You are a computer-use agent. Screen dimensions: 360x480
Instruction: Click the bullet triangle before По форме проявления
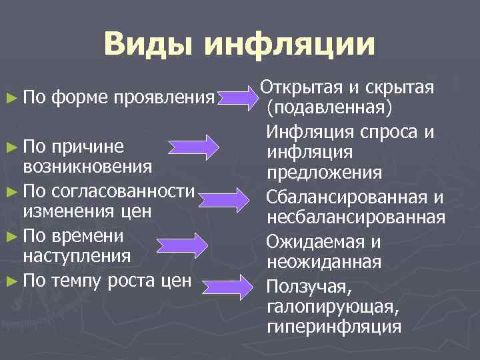coord(15,98)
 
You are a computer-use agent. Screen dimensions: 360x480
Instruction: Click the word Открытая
coord(299,87)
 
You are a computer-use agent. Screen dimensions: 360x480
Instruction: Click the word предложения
coord(324,173)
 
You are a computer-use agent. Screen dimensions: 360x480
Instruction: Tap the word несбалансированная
coord(355,217)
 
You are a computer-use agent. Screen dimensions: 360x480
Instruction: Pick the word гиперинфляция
coord(333,327)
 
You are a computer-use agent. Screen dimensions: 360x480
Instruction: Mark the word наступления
coord(76,255)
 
